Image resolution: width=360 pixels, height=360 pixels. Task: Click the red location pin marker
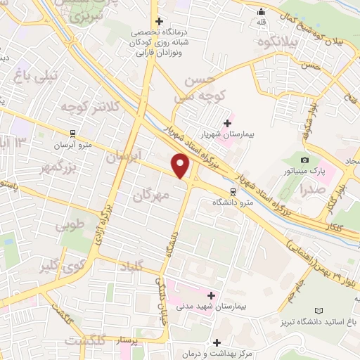coord(181,166)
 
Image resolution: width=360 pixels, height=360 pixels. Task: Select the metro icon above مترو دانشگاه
coord(232,191)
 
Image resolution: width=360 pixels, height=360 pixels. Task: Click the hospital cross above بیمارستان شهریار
coord(227,123)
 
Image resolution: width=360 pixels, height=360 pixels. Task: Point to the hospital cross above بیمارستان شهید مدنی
coord(210,295)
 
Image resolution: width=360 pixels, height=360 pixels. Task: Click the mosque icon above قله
coord(262,11)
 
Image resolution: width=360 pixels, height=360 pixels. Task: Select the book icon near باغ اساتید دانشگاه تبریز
coord(320,311)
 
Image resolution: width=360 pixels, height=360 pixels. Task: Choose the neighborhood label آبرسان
coord(124,157)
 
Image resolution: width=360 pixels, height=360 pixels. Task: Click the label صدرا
coord(311,190)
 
